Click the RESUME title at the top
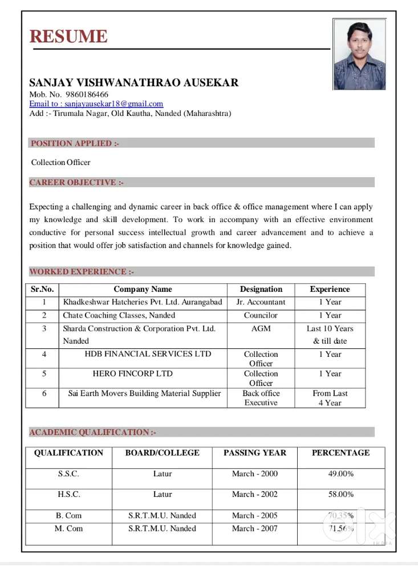coord(68,36)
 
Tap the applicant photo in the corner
coord(359,55)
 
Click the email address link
coord(96,104)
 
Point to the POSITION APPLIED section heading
coord(75,143)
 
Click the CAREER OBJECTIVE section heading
coord(76,183)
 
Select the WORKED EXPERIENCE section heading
coord(82,272)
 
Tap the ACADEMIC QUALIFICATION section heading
coord(92,432)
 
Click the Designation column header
coord(261,289)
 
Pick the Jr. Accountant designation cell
coord(261,302)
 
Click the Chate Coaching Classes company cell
coord(119,315)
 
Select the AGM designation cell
coord(261,329)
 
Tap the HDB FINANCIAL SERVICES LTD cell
coord(148,354)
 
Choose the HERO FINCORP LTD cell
coord(132,374)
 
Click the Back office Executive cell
coord(261,398)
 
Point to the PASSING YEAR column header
coord(254,453)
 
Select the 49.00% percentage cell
coord(341,473)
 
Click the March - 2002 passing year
coord(254,494)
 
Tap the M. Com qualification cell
coord(68,529)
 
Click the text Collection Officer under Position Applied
coord(61,163)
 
